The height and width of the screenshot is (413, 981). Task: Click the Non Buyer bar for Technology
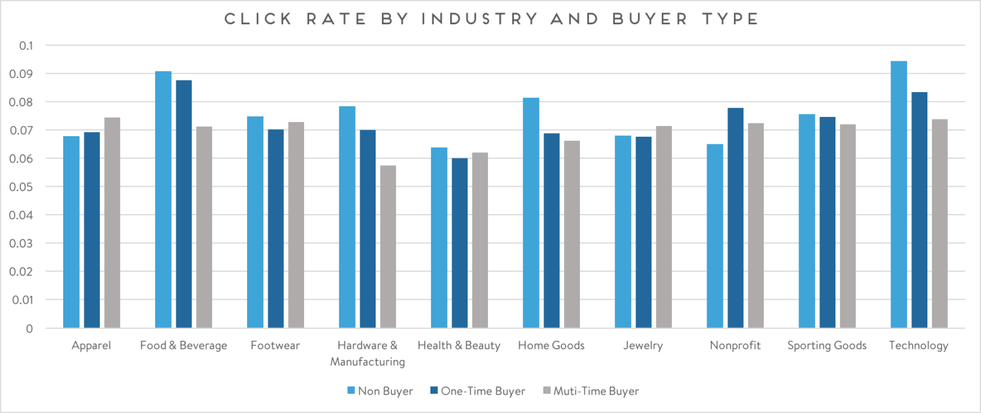click(899, 194)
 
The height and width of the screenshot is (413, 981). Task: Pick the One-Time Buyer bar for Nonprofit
click(735, 218)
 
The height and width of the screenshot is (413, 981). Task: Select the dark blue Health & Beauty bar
click(460, 243)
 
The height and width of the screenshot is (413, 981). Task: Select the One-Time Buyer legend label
click(483, 391)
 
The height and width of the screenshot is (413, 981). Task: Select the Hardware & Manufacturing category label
click(367, 354)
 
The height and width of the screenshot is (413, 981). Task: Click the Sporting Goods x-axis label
click(826, 346)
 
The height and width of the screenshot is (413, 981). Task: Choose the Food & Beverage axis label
click(183, 346)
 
